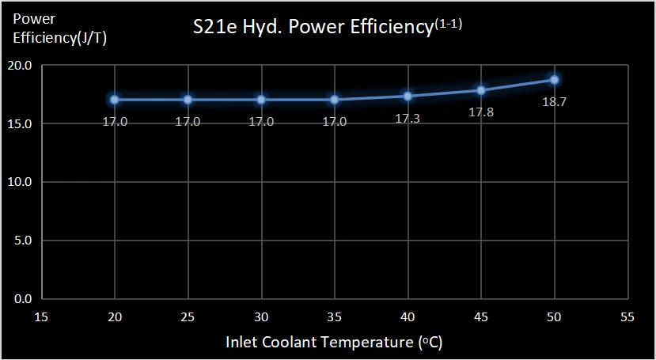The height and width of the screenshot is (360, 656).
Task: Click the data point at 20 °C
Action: coord(115,100)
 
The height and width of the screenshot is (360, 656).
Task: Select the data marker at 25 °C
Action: coord(188,100)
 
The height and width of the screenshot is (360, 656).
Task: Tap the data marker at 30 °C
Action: coord(261,100)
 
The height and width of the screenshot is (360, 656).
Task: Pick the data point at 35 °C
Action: coord(335,100)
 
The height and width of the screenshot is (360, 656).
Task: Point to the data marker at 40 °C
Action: coord(408,96)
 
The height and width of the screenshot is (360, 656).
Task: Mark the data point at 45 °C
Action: coord(481,90)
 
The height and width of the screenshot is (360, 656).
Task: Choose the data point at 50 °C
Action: coord(555,80)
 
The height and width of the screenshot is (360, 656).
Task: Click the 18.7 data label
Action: coord(554,103)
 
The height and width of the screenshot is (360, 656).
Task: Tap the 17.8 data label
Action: coord(481,112)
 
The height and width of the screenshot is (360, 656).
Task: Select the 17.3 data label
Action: coord(408,118)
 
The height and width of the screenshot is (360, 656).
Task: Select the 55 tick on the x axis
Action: coord(628,317)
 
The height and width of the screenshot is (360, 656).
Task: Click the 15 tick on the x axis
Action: coord(41,317)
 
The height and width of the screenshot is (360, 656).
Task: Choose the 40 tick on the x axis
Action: coord(408,317)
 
